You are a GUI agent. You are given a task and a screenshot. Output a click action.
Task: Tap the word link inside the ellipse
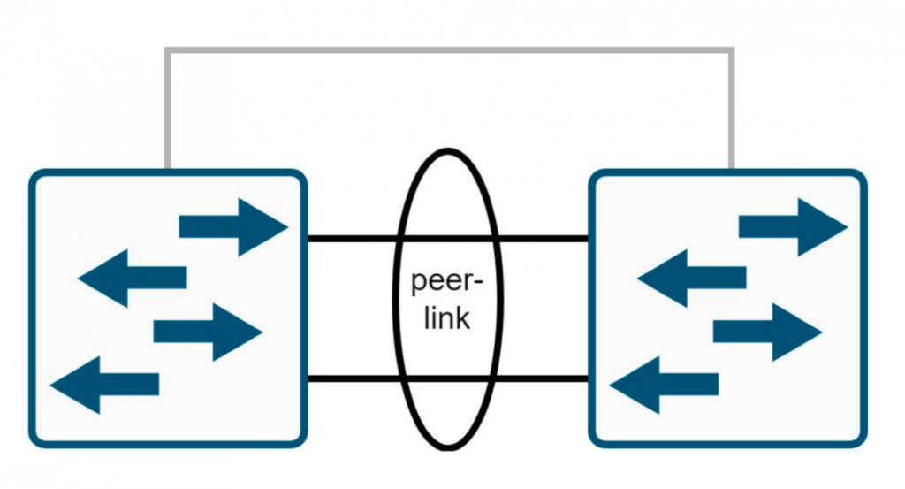[447, 318]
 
